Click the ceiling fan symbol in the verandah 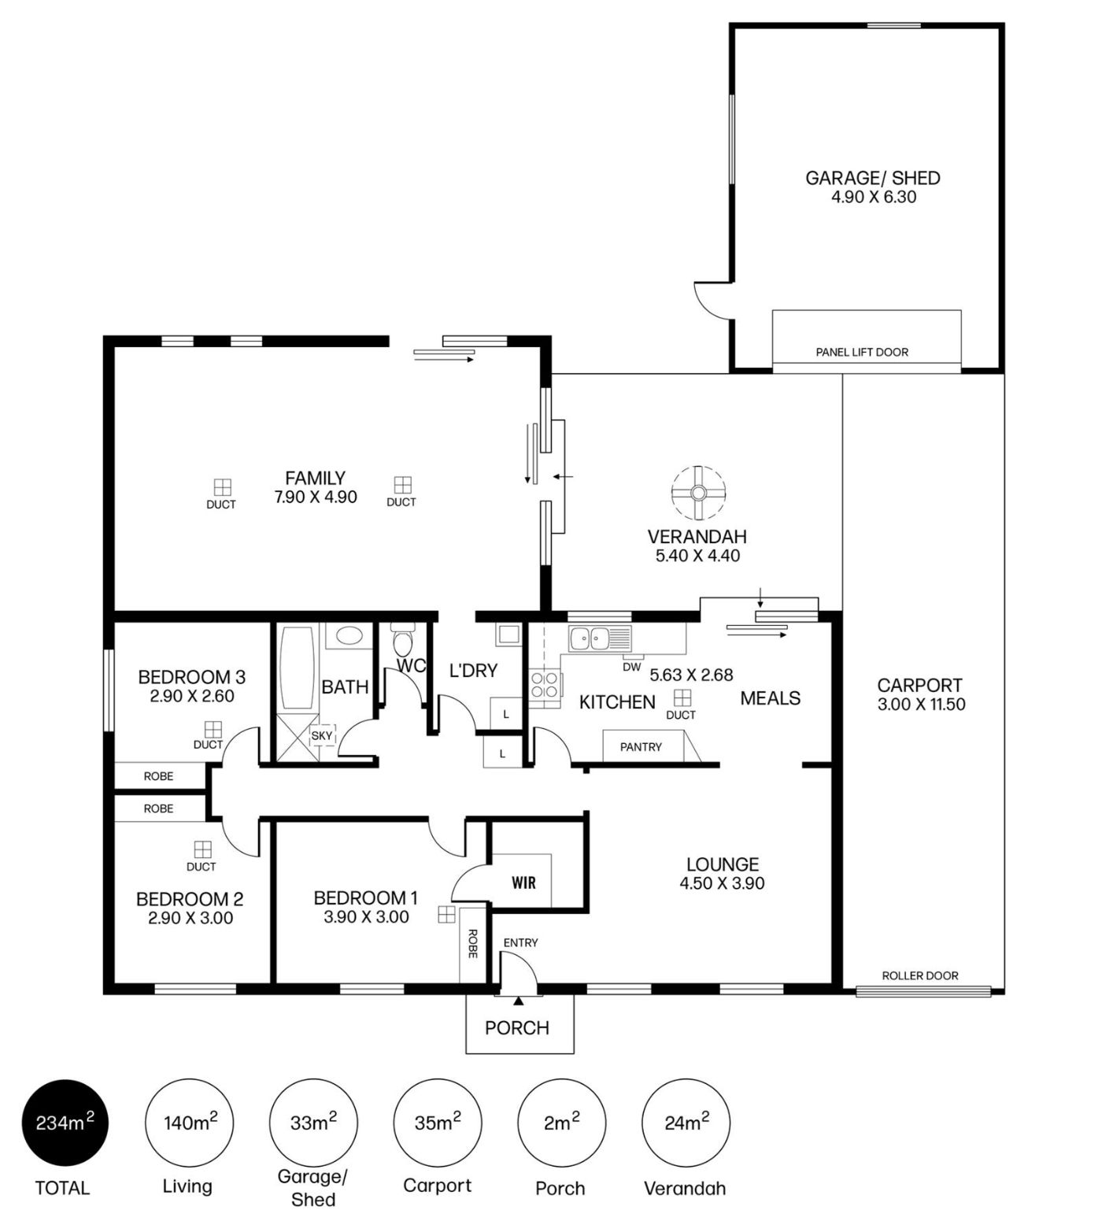698,493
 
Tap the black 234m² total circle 64,1123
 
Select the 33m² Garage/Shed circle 313,1123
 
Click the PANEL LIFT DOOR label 862,352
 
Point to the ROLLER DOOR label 920,975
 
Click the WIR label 524,883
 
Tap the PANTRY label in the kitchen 641,747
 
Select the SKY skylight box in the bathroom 322,736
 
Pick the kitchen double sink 600,638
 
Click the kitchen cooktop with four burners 545,684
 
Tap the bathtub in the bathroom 297,669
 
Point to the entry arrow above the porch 518,1001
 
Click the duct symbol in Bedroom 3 213,729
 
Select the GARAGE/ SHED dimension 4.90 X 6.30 874,198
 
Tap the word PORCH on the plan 517,1027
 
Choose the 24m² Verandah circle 686,1123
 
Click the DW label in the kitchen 631,667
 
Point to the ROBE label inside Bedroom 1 472,943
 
